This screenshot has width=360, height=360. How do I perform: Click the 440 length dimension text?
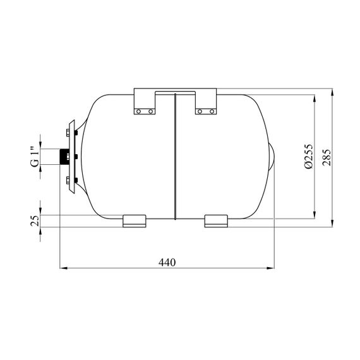coord(167,262)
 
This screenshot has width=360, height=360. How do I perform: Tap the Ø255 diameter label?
coord(309,157)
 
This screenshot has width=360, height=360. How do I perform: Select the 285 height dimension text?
coord(327,157)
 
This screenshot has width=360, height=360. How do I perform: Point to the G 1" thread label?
coord(35,157)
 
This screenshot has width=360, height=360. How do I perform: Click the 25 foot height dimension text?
coord(35,221)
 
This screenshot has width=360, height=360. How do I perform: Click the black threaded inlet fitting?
coord(64,157)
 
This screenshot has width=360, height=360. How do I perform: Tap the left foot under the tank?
coord(135,221)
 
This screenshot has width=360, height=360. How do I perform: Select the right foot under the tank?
coord(216,221)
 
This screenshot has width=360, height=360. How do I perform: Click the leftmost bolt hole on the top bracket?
coord(138,112)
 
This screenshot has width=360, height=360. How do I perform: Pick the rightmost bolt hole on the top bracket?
coord(212,112)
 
